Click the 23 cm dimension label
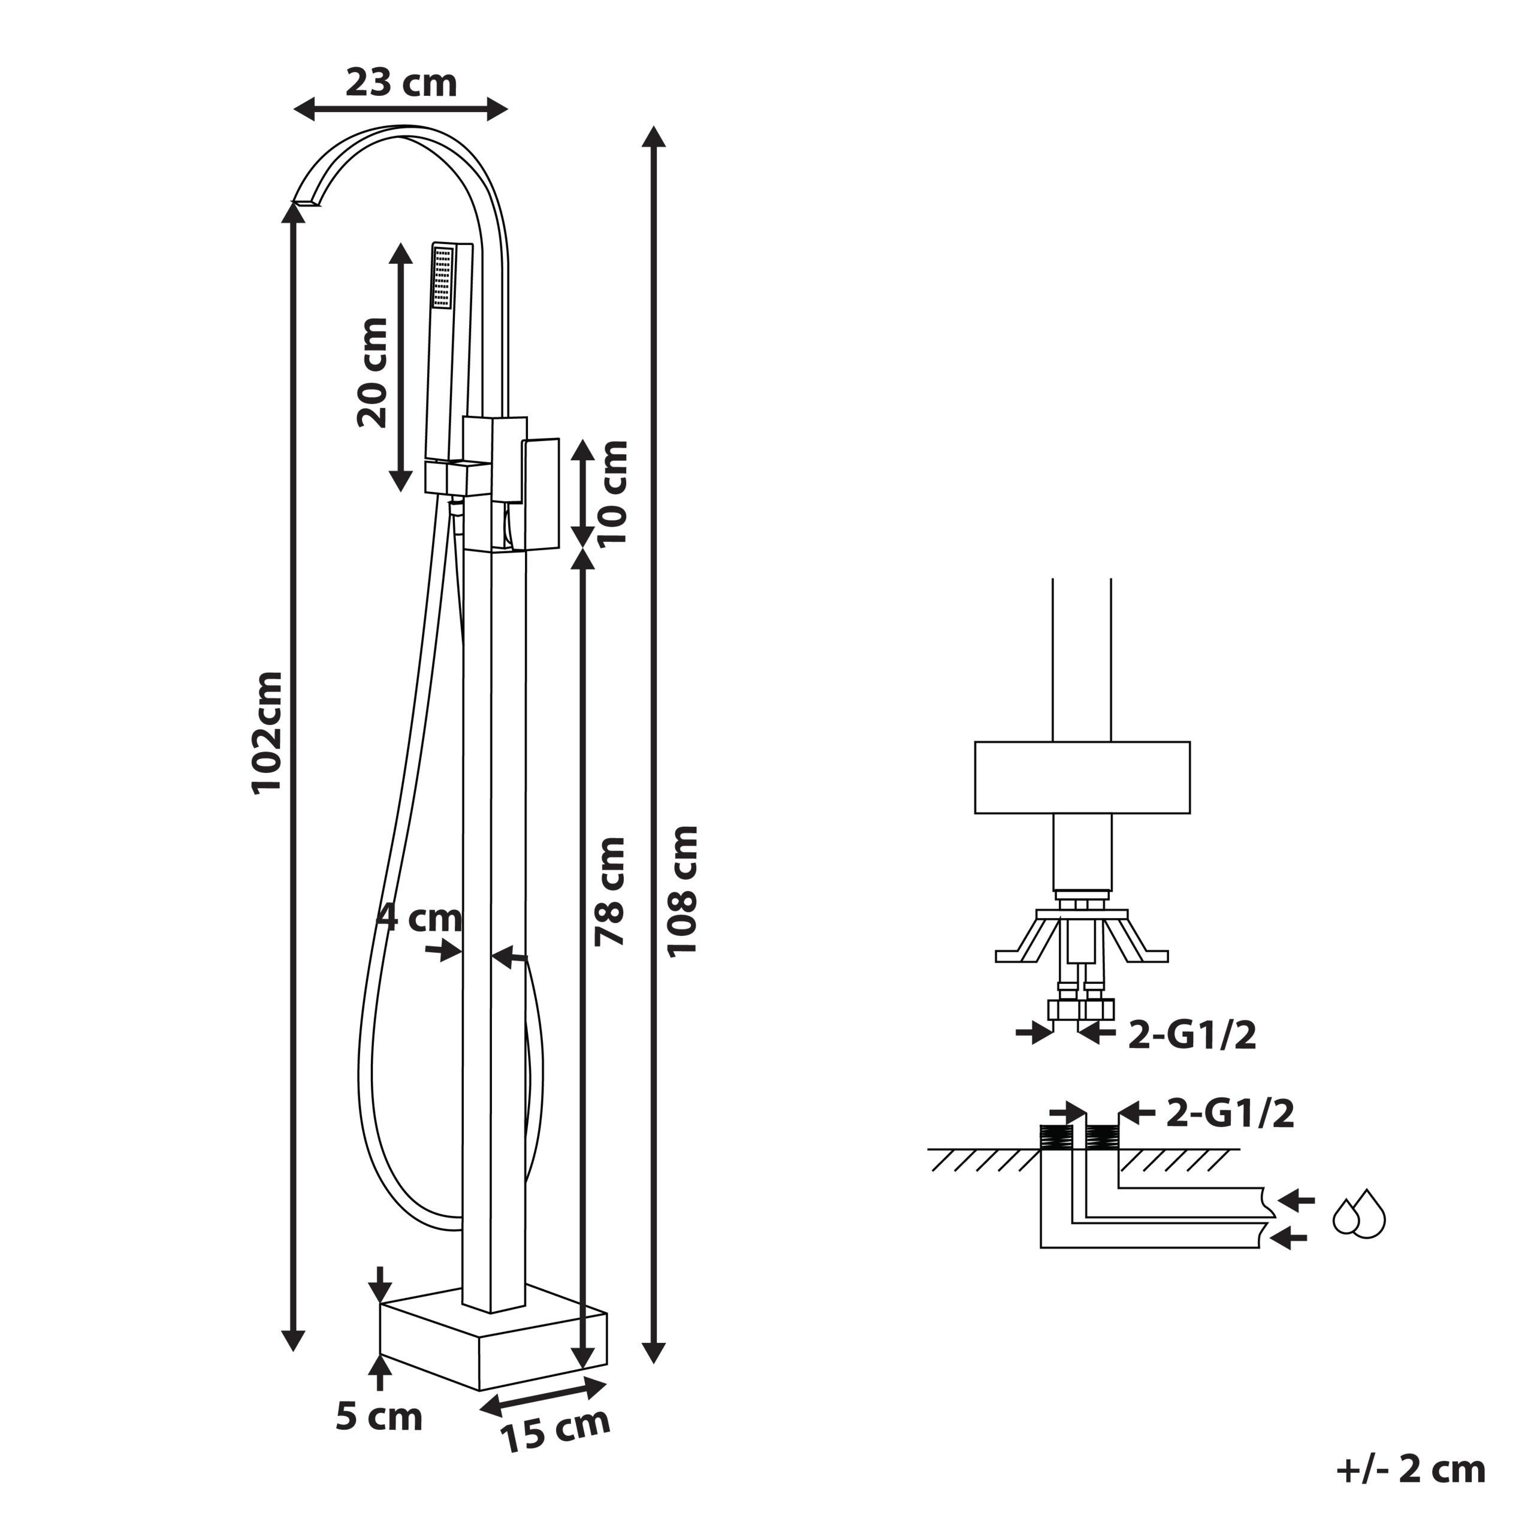click(x=401, y=83)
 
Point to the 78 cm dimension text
click(x=611, y=892)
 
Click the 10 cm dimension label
click(x=612, y=493)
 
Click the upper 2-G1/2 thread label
click(x=1192, y=1035)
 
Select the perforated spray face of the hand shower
click(x=443, y=276)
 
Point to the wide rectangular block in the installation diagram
click(x=1082, y=777)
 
